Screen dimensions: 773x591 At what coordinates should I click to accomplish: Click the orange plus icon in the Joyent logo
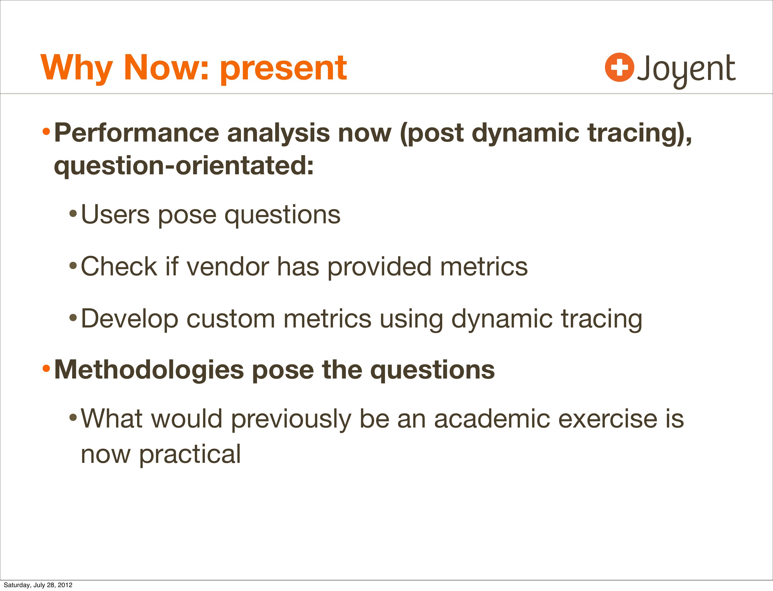pos(619,67)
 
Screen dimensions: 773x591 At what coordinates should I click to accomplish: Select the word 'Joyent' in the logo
pos(686,70)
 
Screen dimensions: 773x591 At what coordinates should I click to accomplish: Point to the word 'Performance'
pos(136,133)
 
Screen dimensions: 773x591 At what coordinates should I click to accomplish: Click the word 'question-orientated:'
pos(183,166)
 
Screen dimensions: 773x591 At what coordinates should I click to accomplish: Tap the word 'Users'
pos(115,215)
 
